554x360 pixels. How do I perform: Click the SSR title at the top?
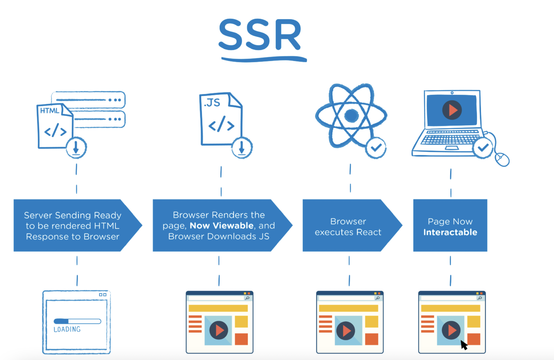click(x=260, y=35)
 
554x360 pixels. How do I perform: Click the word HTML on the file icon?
click(x=50, y=111)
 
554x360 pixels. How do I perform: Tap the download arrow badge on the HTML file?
click(x=76, y=147)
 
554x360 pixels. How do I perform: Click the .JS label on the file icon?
click(x=212, y=103)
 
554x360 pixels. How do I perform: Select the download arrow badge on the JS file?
click(x=242, y=147)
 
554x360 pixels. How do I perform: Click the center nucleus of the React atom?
click(x=351, y=115)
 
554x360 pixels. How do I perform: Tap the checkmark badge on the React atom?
click(x=376, y=147)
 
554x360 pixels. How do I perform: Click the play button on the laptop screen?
click(x=452, y=110)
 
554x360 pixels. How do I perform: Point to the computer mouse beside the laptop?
click(x=502, y=159)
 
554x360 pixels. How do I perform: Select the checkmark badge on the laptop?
click(x=483, y=147)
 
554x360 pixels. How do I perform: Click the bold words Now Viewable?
click(x=221, y=225)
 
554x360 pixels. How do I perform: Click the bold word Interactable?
click(x=450, y=232)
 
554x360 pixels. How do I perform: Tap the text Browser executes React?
click(x=348, y=227)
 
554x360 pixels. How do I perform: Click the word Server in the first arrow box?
click(x=38, y=215)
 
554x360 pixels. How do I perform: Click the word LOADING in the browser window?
click(x=67, y=329)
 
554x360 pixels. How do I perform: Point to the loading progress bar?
click(x=77, y=321)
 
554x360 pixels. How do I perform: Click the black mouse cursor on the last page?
click(x=464, y=345)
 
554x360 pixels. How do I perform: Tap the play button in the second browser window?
click(x=219, y=330)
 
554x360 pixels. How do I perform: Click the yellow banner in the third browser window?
click(x=348, y=308)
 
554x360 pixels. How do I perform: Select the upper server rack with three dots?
click(x=88, y=100)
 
